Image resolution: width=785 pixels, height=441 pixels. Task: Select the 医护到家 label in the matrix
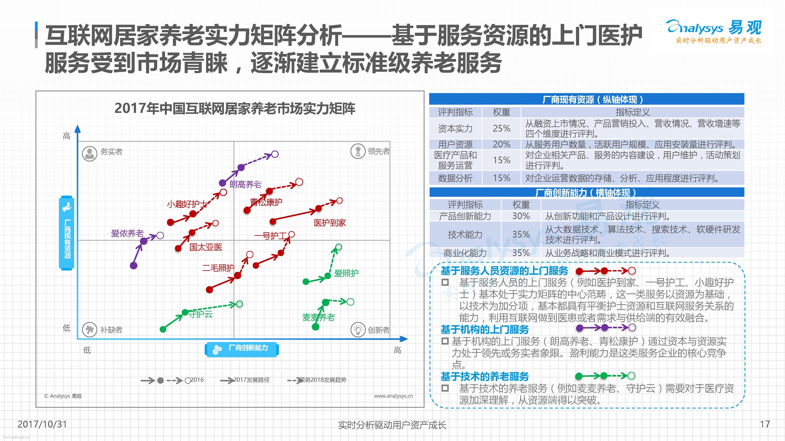[x=330, y=223]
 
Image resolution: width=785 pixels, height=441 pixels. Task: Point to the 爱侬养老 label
[x=127, y=233]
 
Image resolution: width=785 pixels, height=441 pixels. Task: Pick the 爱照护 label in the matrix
[x=346, y=273]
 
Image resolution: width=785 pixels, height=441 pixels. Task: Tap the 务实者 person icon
[x=90, y=154]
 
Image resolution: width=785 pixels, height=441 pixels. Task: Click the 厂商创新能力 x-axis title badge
[x=242, y=349]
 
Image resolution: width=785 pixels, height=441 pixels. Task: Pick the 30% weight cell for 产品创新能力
[x=521, y=216]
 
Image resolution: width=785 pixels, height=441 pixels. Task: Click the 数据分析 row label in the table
[x=455, y=178]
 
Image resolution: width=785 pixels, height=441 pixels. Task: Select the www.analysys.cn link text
[x=393, y=396]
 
